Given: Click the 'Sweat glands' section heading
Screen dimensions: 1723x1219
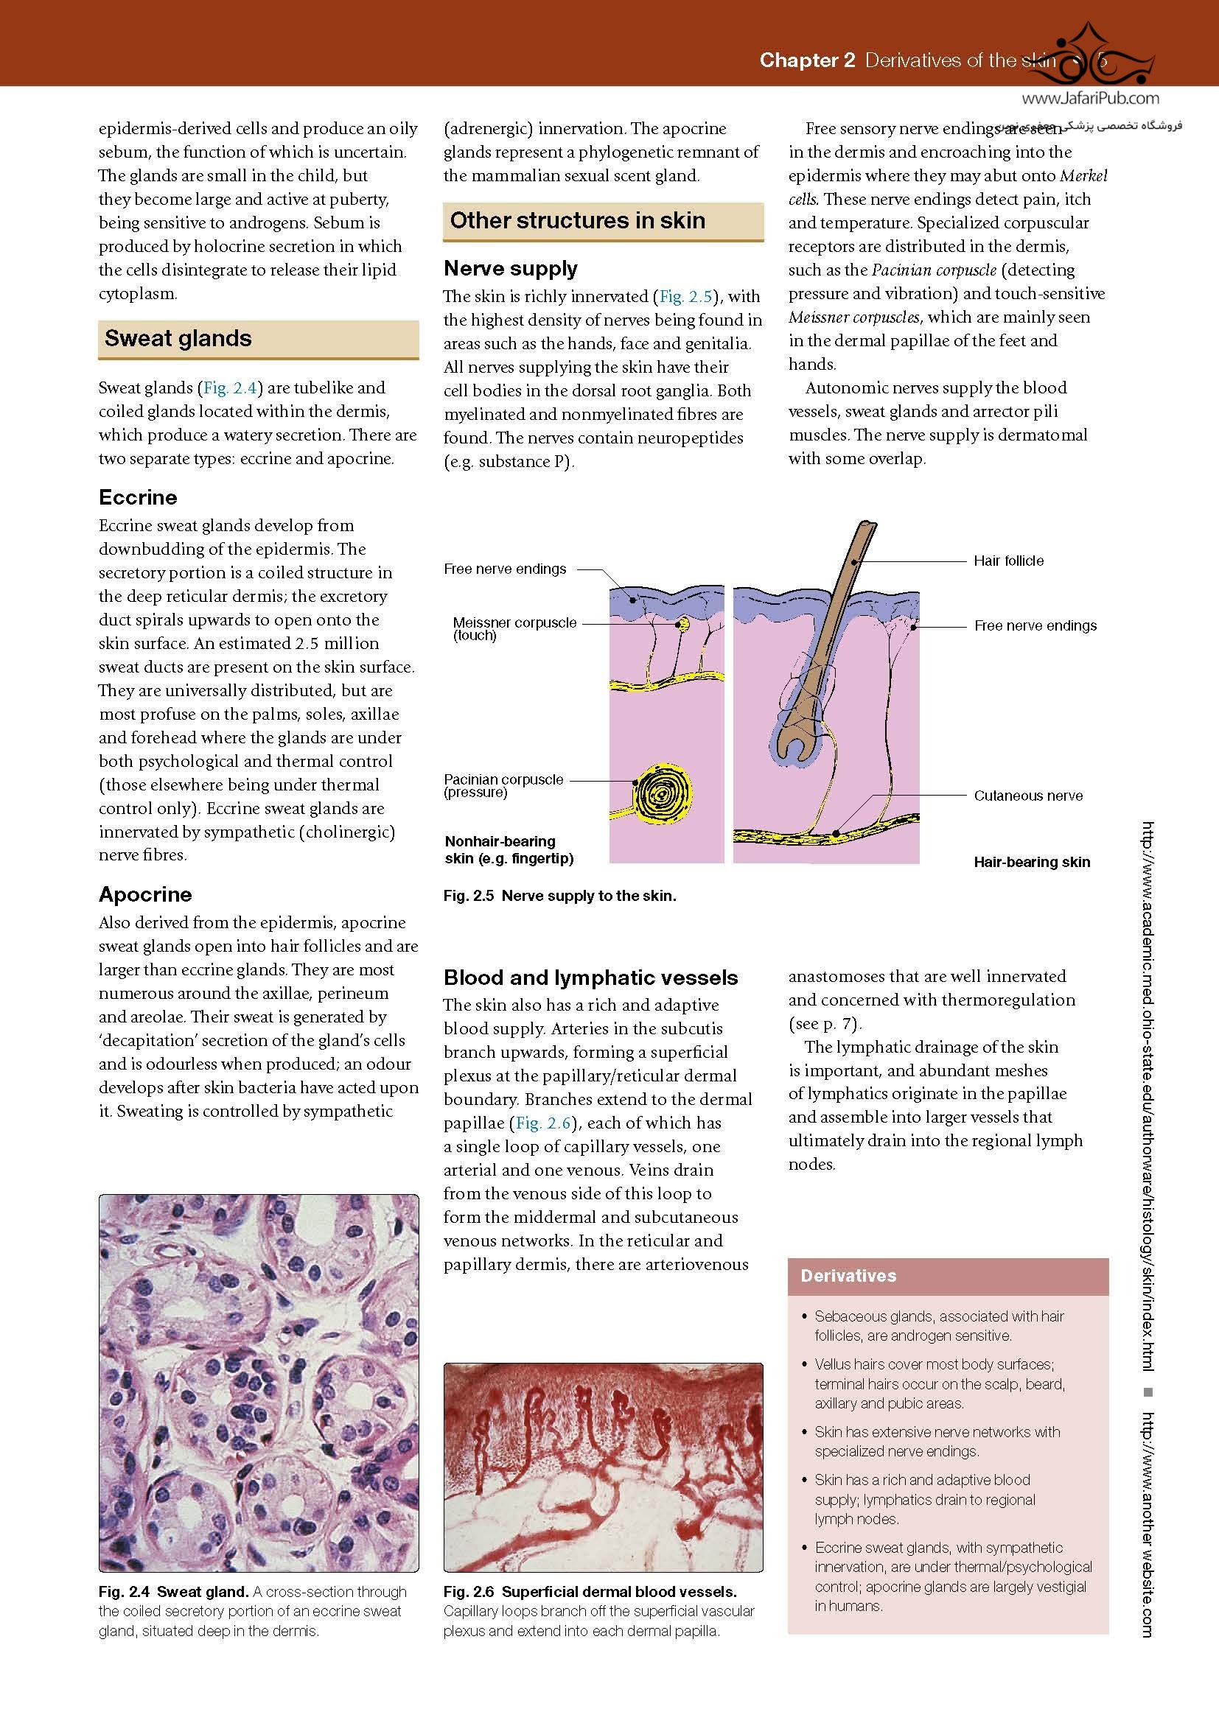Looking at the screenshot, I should (178, 338).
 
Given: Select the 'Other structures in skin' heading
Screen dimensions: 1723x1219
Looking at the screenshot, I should (577, 221).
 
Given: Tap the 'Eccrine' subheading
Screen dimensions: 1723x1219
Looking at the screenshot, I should (138, 497).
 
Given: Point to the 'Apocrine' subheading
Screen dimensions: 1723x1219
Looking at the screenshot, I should (145, 894).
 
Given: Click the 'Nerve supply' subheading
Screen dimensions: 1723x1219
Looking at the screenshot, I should (511, 269).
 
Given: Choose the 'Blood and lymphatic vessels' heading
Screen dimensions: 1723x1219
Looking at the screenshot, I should (590, 978).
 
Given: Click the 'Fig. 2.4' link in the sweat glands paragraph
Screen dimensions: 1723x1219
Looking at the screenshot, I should (231, 388).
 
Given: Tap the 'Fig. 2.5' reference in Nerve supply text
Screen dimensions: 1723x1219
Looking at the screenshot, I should (685, 296).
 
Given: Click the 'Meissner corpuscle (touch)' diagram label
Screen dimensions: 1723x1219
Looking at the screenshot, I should (514, 628).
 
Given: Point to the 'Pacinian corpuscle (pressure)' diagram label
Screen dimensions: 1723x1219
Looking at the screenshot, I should (503, 785).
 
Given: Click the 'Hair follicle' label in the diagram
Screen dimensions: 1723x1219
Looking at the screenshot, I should (1008, 561).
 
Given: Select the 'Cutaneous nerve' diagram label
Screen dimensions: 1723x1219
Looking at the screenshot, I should (1027, 796).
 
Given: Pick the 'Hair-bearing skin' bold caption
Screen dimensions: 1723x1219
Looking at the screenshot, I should (1031, 863).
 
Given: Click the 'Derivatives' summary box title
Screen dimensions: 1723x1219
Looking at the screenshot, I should (848, 1276).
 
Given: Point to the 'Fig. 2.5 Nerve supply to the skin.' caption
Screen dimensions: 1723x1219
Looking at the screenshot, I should (559, 895).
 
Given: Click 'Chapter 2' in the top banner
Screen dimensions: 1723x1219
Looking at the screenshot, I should (807, 60).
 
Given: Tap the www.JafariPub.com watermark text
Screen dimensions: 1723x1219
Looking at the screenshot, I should (1090, 98).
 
